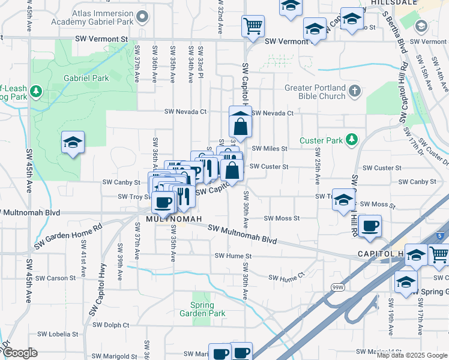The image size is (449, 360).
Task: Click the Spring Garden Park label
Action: [203, 309]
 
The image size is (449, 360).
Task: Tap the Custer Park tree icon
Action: [352, 140]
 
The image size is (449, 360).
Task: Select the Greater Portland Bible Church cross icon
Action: [355, 92]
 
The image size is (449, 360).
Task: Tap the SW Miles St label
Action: [270, 148]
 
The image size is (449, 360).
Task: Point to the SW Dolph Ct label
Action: [109, 325]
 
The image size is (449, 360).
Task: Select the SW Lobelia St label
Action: [58, 334]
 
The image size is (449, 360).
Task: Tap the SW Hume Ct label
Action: [287, 278]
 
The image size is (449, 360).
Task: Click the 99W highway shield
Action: [337, 287]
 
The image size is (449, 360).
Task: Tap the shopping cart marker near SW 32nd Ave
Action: [253, 26]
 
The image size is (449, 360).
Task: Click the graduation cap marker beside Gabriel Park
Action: [73, 143]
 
